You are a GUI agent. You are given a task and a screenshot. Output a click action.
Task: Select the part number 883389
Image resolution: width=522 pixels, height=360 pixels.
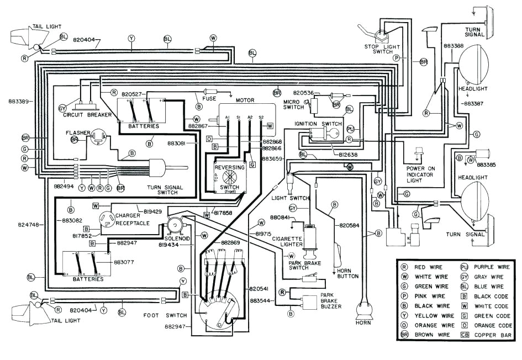coord(19,102)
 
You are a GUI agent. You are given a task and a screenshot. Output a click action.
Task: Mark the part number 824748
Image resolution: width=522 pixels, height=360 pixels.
coord(20,225)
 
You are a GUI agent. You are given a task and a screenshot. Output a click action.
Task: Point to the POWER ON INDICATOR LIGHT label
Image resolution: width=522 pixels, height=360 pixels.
coord(420,174)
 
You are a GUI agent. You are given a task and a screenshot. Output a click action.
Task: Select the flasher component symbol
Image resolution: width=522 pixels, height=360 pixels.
coord(98,137)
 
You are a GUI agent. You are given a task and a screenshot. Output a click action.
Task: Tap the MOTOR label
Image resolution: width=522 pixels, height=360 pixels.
coord(245,100)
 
